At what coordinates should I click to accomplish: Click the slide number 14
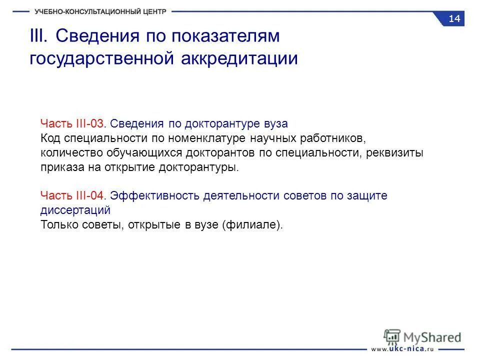454,19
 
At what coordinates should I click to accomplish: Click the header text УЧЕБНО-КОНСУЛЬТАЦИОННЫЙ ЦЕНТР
100,11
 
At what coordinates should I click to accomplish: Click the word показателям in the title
225,36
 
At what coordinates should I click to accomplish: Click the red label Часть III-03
74,123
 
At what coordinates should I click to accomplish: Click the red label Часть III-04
74,195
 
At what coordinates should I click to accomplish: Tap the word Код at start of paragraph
50,138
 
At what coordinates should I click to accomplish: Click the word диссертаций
75,210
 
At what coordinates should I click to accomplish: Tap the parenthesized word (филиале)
252,225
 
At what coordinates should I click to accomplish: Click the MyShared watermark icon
393,335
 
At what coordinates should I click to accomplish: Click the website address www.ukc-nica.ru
402,348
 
